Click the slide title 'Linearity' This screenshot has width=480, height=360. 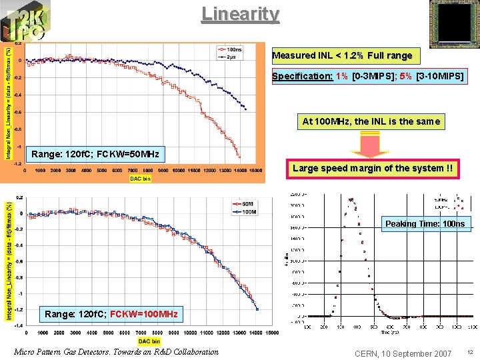click(240, 13)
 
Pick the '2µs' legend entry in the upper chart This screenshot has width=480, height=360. click(230, 56)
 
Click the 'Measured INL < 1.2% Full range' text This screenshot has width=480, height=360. click(342, 55)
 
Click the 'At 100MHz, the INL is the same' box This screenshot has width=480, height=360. click(371, 121)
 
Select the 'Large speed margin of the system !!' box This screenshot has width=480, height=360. click(372, 169)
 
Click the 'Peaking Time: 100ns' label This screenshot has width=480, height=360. click(425, 224)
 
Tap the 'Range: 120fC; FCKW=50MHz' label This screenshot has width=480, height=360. click(95, 155)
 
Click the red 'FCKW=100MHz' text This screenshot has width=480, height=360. click(144, 313)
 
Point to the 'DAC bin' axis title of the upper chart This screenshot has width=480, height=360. click(141, 179)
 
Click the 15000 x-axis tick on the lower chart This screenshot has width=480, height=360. click(272, 332)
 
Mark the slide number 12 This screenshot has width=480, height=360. click(469, 352)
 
